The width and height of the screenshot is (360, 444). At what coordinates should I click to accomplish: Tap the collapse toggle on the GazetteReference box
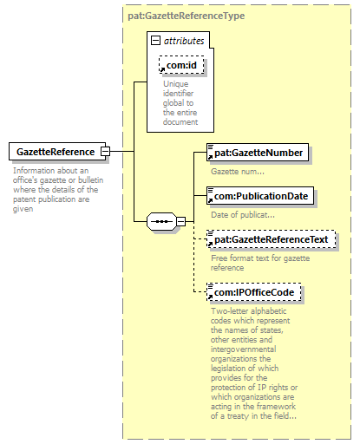pos(105,151)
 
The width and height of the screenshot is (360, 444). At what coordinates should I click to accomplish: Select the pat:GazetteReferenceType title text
pos(187,16)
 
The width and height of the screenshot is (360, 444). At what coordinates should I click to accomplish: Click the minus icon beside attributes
pos(155,41)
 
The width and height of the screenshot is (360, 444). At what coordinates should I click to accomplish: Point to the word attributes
pos(184,41)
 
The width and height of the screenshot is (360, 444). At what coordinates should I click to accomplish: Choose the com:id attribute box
pos(181,65)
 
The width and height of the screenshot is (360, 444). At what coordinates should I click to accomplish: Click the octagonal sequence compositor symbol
pos(161,222)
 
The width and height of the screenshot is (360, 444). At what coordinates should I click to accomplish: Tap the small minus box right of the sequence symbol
pos(181,222)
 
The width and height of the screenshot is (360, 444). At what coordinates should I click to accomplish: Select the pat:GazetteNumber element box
pos(258,153)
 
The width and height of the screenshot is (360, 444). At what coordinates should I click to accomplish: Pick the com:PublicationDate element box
pos(260,196)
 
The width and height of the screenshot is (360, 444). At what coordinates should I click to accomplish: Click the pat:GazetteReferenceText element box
pos(272,239)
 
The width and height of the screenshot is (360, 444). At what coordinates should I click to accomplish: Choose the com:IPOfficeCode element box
pos(254,292)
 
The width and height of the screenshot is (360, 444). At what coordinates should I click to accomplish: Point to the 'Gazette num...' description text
pos(238,172)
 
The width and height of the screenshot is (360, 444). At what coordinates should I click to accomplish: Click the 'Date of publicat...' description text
pos(243,215)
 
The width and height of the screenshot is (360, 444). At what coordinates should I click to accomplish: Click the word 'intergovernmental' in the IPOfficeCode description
pos(243,349)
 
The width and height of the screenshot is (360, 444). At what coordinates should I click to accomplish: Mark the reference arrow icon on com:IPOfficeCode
pos(210,297)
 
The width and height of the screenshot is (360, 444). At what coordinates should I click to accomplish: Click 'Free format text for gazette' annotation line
pos(260,258)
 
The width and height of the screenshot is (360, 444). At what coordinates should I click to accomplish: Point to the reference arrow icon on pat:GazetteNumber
pos(210,157)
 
